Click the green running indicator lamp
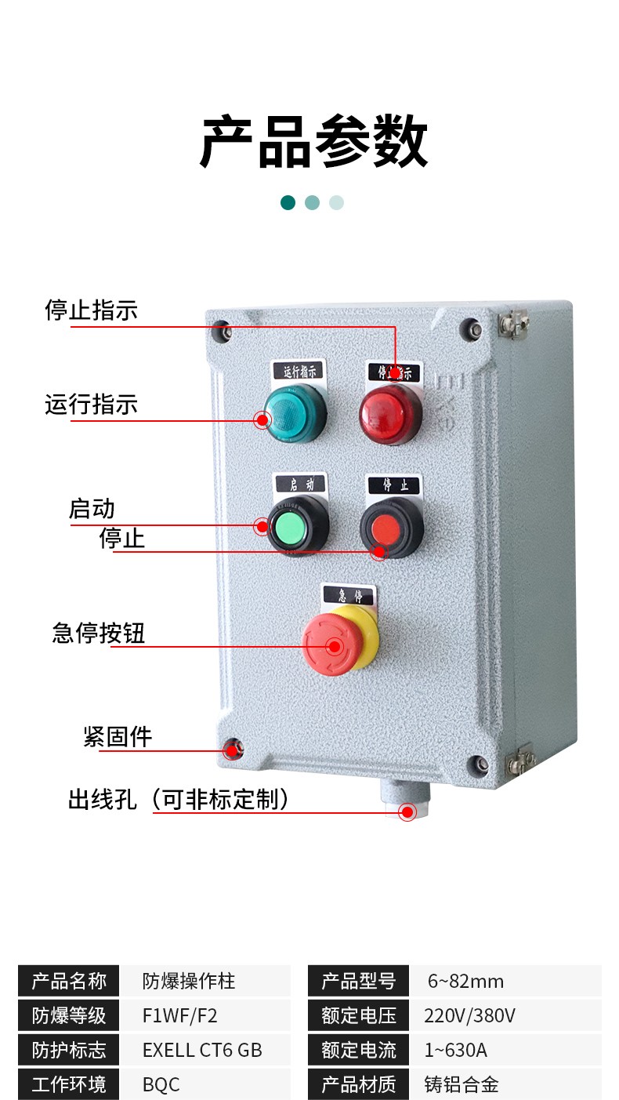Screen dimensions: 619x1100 295,413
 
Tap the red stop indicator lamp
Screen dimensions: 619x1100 391,414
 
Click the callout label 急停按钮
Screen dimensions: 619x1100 99,633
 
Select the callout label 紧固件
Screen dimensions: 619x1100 118,737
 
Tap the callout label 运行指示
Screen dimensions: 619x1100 92,405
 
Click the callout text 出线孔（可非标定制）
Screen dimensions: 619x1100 178,800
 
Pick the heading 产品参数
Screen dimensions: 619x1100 313,141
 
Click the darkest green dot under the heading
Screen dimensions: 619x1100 288,202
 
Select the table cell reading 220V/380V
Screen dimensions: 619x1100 469,1015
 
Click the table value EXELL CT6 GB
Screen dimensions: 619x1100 202,1050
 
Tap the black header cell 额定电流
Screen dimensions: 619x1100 358,1050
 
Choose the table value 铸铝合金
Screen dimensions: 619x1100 462,1084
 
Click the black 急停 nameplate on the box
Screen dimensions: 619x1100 349,596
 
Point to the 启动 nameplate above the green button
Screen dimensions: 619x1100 300,484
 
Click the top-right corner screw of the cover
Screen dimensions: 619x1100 471,329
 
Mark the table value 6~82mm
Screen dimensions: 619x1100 465,981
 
